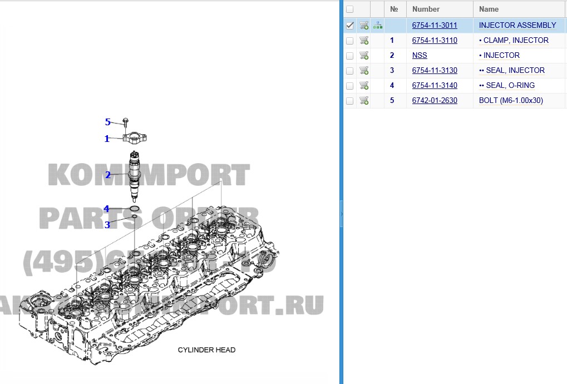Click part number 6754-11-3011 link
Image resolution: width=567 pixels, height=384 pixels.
click(x=434, y=25)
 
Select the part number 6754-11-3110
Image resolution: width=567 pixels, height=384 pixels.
click(x=434, y=40)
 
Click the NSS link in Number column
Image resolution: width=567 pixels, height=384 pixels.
click(x=420, y=55)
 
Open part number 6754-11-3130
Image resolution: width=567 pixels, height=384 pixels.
click(x=434, y=70)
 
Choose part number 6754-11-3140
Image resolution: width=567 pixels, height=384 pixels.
click(x=434, y=85)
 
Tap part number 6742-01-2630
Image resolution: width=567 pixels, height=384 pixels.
click(x=434, y=100)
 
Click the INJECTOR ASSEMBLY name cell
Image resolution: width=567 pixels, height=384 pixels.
click(x=517, y=25)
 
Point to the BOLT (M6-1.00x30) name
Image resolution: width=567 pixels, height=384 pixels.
click(x=510, y=100)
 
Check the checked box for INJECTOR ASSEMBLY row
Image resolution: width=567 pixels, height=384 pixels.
click(x=349, y=25)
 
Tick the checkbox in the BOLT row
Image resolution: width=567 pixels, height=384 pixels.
click(x=349, y=101)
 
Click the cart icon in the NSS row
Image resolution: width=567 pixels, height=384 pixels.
click(x=364, y=55)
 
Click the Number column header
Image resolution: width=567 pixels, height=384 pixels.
click(x=426, y=9)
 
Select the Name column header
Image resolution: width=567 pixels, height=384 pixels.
click(x=489, y=9)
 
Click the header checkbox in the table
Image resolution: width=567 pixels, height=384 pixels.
click(x=349, y=9)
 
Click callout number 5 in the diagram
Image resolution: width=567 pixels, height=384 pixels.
click(x=108, y=122)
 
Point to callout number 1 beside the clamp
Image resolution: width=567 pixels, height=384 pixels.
click(x=107, y=139)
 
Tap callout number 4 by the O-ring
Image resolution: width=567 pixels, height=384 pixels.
click(x=106, y=209)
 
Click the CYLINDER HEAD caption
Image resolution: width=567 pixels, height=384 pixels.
click(x=206, y=350)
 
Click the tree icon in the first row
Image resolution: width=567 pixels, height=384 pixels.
click(x=378, y=25)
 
